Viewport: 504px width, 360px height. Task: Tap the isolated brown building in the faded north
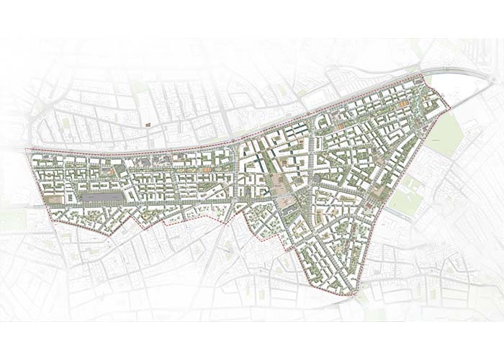148,124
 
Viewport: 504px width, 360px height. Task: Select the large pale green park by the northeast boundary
446,134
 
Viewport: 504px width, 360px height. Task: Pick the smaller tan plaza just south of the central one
287,204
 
